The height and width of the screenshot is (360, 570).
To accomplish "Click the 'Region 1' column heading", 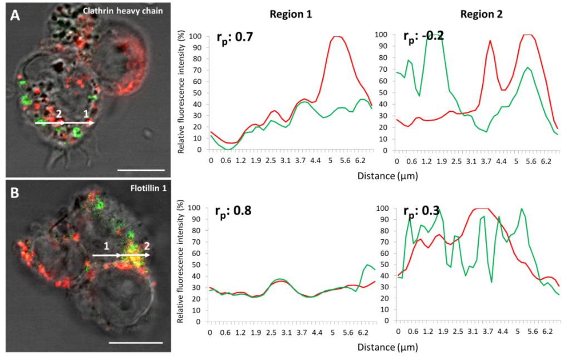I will (291, 15).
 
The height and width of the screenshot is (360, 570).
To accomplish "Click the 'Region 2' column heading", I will (481, 15).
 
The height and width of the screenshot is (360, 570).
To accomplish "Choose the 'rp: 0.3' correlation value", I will (421, 212).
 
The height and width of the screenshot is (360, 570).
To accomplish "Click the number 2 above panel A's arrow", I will (58, 113).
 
